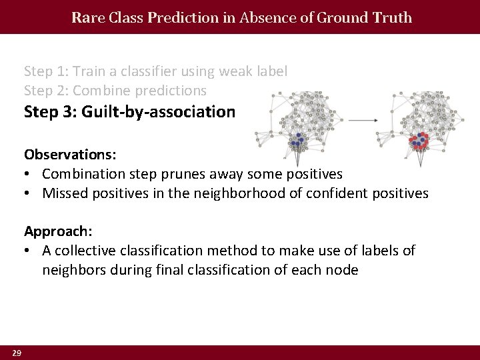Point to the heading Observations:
click(70, 155)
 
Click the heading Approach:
click(58, 231)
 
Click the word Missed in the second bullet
click(65, 193)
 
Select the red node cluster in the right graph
click(420, 141)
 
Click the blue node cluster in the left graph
click(295, 141)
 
